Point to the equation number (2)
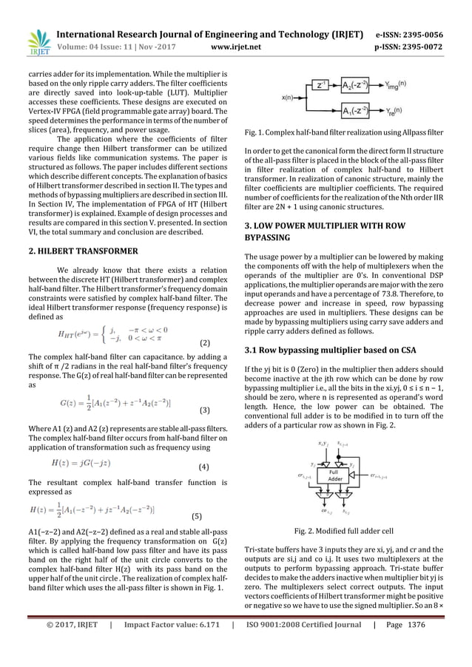point(208,344)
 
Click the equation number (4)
point(208,467)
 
